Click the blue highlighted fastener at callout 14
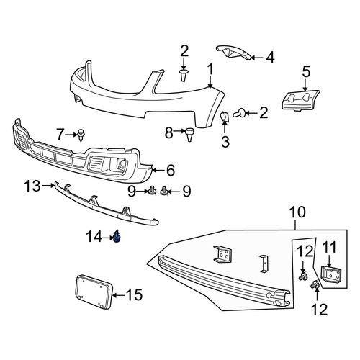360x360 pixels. point(117,237)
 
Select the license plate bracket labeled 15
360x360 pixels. point(94,292)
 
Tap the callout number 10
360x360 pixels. point(297,212)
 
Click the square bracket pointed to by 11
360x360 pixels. point(331,274)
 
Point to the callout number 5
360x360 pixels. point(306,71)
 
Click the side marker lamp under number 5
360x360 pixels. point(300,100)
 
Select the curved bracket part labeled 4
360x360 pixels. point(233,53)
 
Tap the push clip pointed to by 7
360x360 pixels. point(81,135)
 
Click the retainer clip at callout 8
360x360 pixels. point(189,135)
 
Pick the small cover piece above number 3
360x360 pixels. point(225,117)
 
